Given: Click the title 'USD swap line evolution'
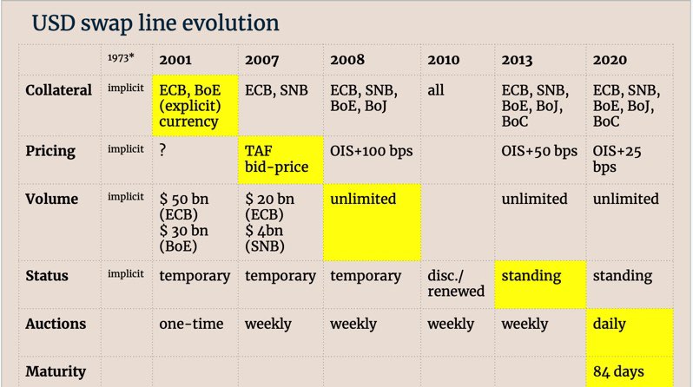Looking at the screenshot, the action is (155, 23).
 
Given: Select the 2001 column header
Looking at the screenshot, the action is (175, 60).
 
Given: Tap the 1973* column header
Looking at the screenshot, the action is (121, 58).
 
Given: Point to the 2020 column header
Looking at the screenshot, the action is (610, 60).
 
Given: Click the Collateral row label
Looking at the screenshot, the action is (58, 90).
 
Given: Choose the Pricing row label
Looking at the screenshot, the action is (50, 151).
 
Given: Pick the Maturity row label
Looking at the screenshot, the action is (56, 371).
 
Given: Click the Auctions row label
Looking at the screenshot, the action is (56, 324).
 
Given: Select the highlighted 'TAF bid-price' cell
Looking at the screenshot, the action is (280, 160).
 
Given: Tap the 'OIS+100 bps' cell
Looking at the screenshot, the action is (372, 151).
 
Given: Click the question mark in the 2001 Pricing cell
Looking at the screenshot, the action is (162, 150).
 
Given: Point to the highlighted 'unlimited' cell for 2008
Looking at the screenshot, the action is (372, 222).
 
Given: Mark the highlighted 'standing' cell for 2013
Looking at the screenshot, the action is (540, 285).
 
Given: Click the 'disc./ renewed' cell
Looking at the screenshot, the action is (456, 283).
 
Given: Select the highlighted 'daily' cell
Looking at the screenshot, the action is (630, 332).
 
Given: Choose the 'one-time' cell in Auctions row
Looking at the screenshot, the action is (191, 324).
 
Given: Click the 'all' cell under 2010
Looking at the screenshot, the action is (435, 90).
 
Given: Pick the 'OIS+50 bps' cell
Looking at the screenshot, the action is (539, 151).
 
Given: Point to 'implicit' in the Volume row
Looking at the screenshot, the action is (126, 197).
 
